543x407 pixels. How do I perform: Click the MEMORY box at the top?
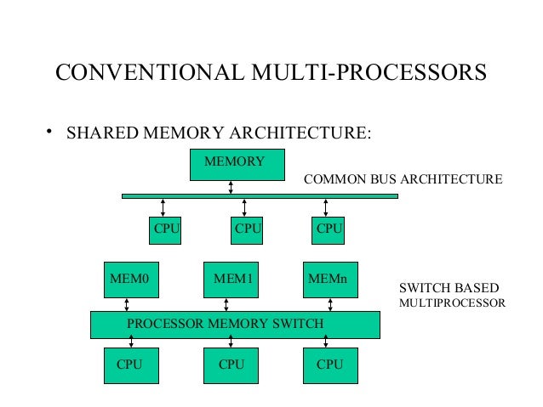(237, 164)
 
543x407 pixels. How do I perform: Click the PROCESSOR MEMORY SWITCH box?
(235, 325)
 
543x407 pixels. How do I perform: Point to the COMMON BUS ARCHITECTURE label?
(403, 179)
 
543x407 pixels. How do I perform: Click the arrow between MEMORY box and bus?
(231, 188)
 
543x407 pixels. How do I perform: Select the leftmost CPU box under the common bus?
(163, 229)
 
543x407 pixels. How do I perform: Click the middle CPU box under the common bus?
(247, 229)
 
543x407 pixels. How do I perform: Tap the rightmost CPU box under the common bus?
(328, 229)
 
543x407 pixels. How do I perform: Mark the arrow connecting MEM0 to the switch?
(126, 303)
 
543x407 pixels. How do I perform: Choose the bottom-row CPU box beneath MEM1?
(231, 365)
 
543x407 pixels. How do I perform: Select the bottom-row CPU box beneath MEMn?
(330, 365)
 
